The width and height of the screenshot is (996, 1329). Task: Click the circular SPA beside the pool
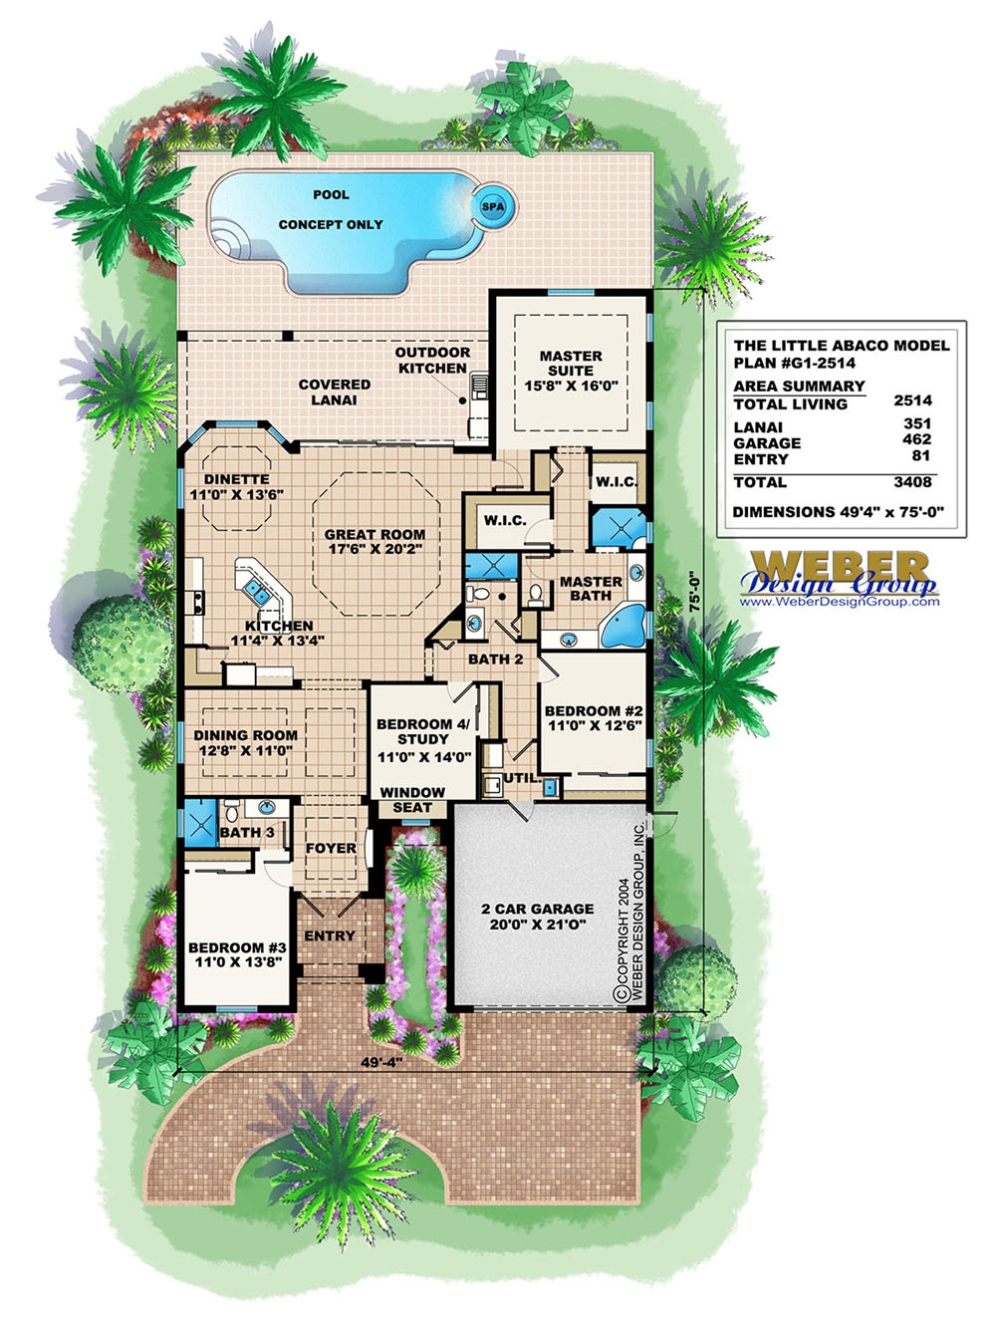click(493, 206)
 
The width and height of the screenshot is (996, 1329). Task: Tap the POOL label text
click(331, 194)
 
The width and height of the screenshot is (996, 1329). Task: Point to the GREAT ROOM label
click(374, 541)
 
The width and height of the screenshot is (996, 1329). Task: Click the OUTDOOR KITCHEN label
click(432, 360)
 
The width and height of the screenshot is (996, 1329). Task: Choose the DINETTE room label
click(237, 486)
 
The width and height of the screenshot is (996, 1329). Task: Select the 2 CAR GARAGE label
click(537, 916)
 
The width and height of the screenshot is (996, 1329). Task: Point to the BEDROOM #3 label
click(237, 954)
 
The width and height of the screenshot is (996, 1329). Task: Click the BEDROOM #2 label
click(594, 718)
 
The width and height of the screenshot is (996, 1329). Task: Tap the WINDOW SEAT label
click(412, 799)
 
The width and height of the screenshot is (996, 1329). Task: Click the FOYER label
click(331, 848)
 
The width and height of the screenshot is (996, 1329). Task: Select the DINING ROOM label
click(245, 742)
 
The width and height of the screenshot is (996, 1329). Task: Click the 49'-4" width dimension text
click(380, 1062)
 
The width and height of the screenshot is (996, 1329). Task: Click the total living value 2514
click(912, 400)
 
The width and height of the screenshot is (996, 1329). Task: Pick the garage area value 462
click(915, 439)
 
